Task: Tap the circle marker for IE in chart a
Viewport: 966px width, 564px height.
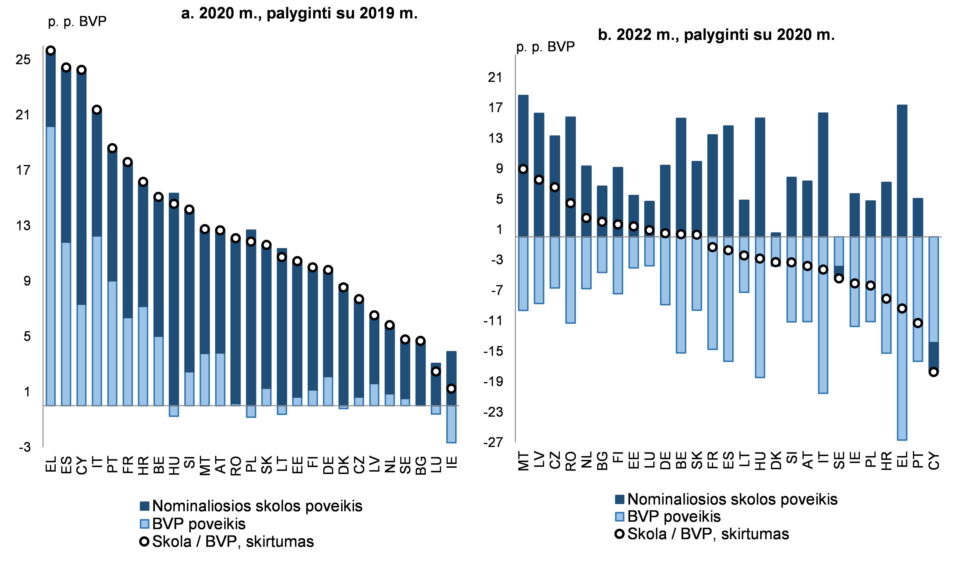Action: (452, 389)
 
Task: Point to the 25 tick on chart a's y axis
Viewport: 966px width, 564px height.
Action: (23, 59)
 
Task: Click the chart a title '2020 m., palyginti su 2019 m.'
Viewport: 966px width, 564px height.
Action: (299, 13)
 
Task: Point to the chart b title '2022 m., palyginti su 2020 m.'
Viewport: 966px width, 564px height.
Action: (716, 35)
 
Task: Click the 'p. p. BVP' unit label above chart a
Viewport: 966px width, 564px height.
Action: (77, 21)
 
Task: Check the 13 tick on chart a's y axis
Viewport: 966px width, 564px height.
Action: (23, 225)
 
